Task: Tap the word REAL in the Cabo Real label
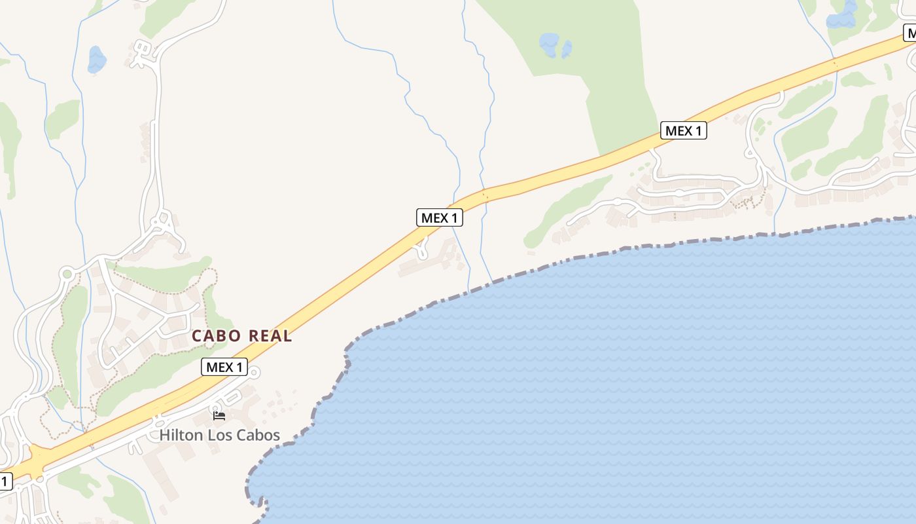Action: (268, 336)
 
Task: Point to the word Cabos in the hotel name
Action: (258, 435)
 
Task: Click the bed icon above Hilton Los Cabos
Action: (219, 415)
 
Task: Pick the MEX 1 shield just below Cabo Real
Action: (224, 367)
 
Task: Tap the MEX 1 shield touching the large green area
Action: (683, 130)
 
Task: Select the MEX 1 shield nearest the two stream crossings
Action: (439, 217)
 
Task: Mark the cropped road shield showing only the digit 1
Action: (5, 481)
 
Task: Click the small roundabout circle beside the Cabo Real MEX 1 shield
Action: (255, 373)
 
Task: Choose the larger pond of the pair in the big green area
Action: (548, 44)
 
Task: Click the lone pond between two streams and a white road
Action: (97, 60)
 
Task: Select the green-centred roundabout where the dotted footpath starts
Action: (66, 274)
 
